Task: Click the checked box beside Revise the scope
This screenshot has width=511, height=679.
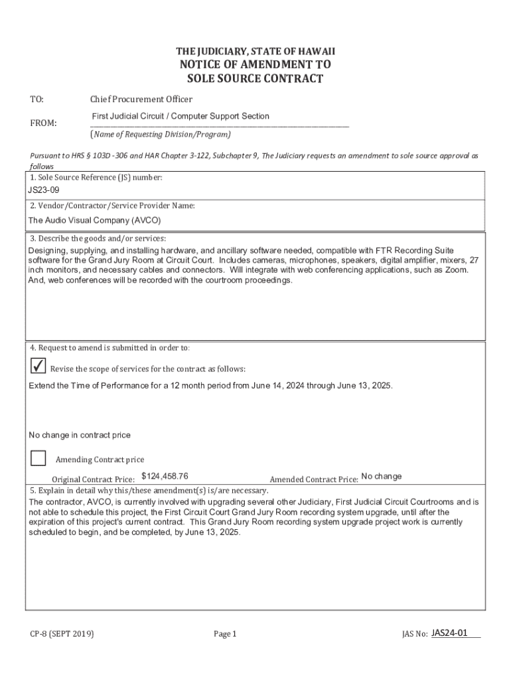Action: [x=38, y=366]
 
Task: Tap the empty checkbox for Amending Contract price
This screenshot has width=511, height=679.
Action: [x=38, y=458]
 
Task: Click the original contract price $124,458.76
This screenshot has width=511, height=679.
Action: [x=165, y=476]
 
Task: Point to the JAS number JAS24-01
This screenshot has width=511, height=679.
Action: [x=449, y=633]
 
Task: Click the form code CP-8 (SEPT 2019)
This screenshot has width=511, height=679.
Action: [x=62, y=634]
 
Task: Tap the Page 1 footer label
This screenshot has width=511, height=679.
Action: [x=225, y=634]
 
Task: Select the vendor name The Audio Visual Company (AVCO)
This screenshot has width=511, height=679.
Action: [x=94, y=220]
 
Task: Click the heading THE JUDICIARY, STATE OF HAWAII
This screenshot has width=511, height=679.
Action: [x=256, y=51]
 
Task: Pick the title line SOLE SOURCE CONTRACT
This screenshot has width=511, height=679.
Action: [x=256, y=79]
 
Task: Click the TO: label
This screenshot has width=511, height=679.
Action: [x=36, y=99]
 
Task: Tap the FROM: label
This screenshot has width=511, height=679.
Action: [x=43, y=123]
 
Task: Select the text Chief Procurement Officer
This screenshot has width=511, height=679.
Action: [x=141, y=99]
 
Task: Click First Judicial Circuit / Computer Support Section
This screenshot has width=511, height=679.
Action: [x=180, y=116]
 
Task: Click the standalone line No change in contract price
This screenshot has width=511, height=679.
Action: [x=80, y=435]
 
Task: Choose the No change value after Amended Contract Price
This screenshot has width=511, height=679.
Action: [x=381, y=476]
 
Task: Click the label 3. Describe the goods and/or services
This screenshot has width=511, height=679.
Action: [x=98, y=238]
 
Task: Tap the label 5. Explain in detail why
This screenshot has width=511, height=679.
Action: [x=149, y=491]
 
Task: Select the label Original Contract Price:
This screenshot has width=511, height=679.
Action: [x=94, y=479]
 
